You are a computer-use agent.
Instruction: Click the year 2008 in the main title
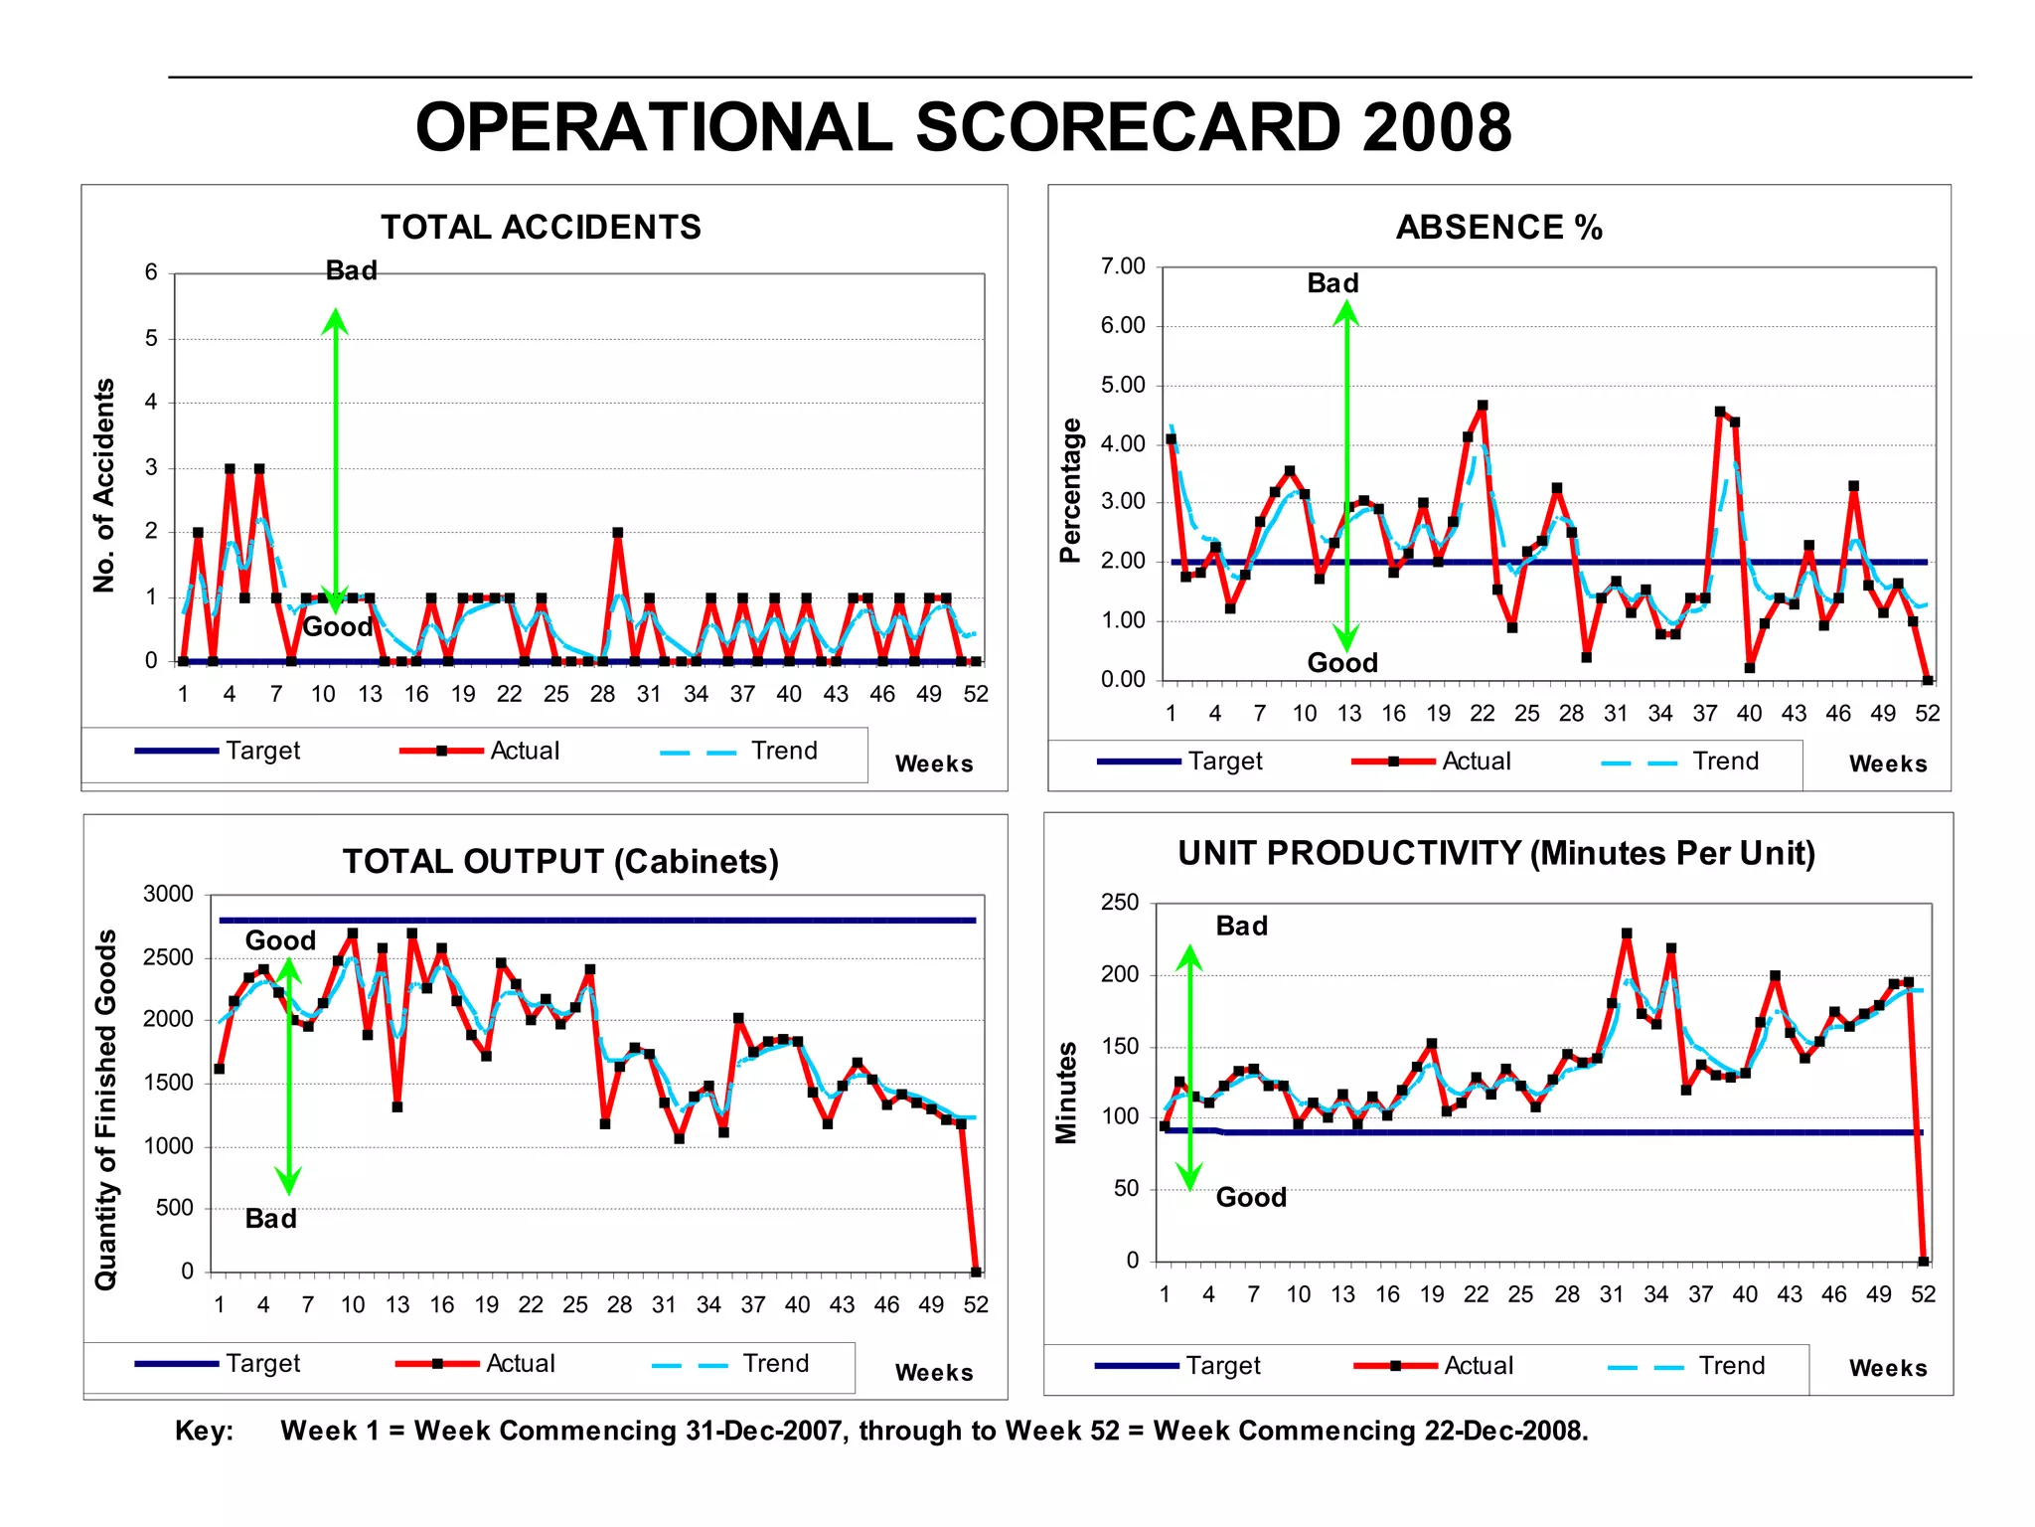point(1437,127)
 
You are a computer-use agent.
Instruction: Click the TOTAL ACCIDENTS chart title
point(541,227)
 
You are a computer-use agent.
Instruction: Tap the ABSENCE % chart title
point(1498,227)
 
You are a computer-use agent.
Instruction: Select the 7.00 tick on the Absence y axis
point(1123,266)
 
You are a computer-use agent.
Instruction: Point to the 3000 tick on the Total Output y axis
point(168,894)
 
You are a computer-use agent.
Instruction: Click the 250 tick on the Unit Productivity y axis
point(1120,903)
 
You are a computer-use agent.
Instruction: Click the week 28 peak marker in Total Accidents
point(618,533)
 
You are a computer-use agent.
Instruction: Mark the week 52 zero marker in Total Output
point(976,1272)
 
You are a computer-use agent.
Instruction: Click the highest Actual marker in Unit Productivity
point(1627,934)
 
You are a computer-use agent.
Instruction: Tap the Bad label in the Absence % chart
point(1332,283)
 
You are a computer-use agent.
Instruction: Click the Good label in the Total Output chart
point(280,940)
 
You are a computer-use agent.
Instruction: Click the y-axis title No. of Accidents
point(104,485)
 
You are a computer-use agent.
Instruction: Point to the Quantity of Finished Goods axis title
point(105,1109)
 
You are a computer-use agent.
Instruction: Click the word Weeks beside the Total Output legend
point(933,1373)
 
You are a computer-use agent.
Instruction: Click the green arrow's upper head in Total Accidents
point(335,321)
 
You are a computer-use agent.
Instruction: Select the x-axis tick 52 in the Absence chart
point(1927,713)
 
